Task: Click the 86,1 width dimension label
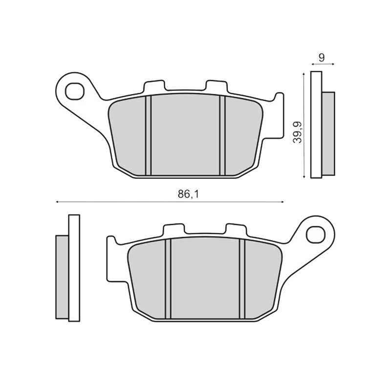(x=188, y=194)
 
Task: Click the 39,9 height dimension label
(x=298, y=132)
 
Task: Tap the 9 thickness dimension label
(x=322, y=58)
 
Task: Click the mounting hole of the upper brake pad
(x=74, y=90)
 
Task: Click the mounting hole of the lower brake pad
(x=316, y=235)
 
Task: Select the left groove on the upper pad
(x=149, y=135)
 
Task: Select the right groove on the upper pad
(x=222, y=135)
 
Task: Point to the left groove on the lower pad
(x=168, y=279)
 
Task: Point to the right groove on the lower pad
(x=242, y=279)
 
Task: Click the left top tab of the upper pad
(x=154, y=86)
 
